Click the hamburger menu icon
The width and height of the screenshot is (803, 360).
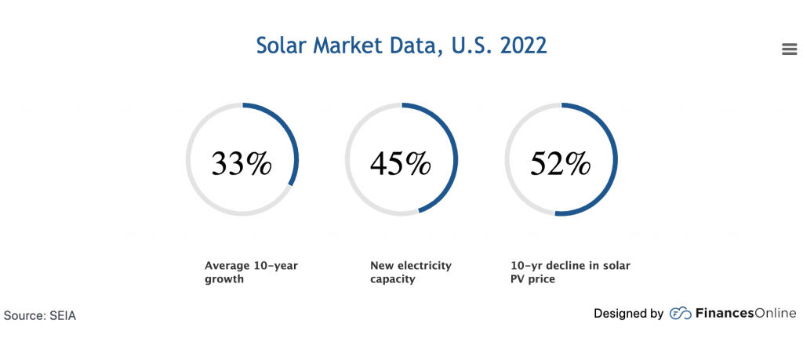[x=790, y=49]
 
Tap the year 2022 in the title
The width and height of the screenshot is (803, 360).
[x=521, y=45]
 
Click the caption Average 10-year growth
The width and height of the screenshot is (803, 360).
[x=251, y=272]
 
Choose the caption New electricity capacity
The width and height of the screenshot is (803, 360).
[x=411, y=272]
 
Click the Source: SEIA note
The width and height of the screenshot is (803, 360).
[x=40, y=315]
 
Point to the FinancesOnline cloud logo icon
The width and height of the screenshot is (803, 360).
[x=680, y=314]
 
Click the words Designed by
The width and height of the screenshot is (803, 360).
[x=628, y=314]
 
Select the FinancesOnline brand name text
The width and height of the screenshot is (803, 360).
[x=746, y=314]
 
